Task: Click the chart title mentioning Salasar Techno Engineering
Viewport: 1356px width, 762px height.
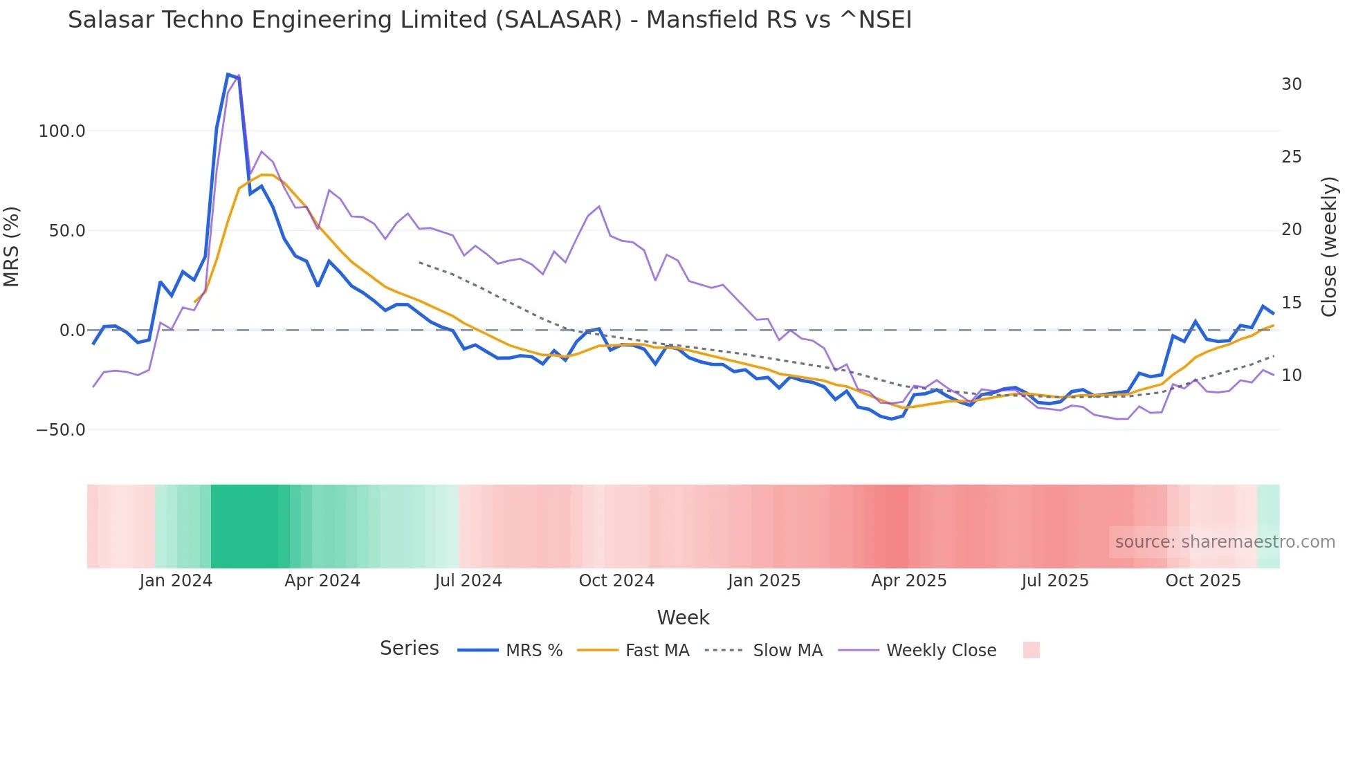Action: coord(489,20)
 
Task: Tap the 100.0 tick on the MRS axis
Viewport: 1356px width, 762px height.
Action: coord(62,131)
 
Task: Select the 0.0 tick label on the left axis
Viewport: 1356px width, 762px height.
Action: coord(72,331)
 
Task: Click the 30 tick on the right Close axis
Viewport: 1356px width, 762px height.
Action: coord(1291,84)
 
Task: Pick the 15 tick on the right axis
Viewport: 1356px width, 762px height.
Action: coord(1291,303)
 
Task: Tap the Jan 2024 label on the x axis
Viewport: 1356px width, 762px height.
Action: coord(176,581)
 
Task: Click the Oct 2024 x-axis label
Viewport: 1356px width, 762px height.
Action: coord(616,581)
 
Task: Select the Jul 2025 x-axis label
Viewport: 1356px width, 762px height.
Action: coord(1054,581)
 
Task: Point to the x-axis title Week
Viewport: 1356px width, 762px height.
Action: coord(683,617)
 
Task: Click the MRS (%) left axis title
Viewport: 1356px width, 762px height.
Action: coord(12,246)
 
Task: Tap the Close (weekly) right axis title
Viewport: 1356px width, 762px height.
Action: coord(1329,247)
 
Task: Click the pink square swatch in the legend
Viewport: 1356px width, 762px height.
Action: coord(1031,650)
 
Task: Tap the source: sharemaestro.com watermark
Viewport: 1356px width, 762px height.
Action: coord(1225,542)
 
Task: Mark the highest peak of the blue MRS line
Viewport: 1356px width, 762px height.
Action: coord(228,74)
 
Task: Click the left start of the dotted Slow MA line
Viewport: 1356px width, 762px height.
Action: coord(419,262)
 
